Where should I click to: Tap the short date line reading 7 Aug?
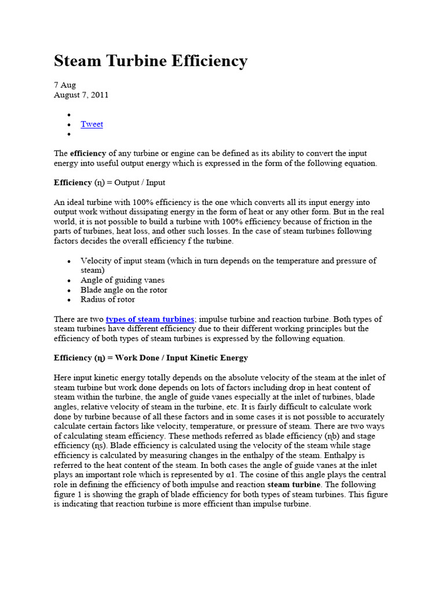(65, 85)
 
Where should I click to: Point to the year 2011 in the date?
(99, 95)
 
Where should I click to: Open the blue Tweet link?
(92, 124)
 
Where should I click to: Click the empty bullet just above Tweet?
(69, 115)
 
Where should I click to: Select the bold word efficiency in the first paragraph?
(88, 153)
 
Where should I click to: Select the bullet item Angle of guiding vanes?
(122, 280)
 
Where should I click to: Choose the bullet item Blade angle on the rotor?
(124, 290)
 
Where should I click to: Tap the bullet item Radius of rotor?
(108, 299)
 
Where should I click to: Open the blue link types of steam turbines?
(149, 319)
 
